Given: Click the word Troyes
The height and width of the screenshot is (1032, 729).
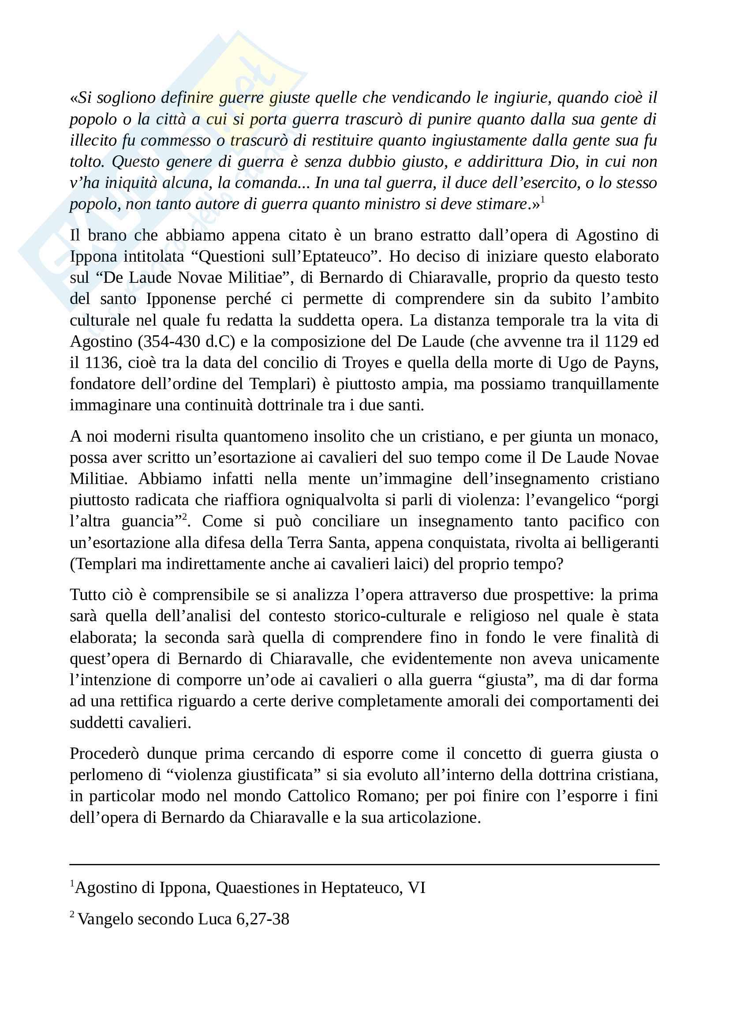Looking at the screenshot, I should (365, 363).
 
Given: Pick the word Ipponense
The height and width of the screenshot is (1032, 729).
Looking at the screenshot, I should (181, 299).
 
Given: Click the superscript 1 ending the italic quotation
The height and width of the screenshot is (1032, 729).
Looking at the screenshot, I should (542, 199).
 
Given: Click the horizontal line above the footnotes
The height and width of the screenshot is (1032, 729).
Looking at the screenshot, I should (364, 864).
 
